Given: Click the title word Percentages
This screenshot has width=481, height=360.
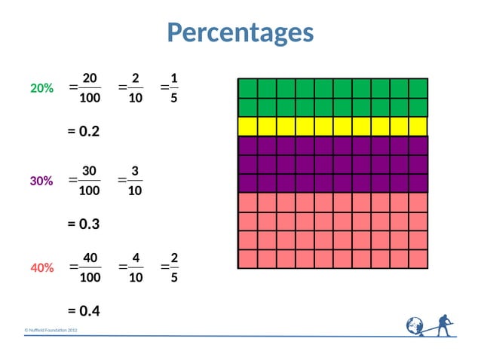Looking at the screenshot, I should pyautogui.click(x=240, y=32).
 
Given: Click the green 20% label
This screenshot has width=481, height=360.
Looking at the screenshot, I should pyautogui.click(x=41, y=89).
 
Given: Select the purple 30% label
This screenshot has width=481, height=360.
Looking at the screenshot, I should pyautogui.click(x=41, y=182).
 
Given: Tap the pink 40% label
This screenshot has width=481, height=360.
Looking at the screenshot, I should pyautogui.click(x=41, y=267).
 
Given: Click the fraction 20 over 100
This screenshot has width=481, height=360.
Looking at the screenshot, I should pyautogui.click(x=89, y=88).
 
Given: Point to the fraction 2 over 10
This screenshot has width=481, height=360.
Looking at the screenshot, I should pyautogui.click(x=135, y=88).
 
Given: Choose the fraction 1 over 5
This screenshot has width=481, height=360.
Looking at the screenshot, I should pyautogui.click(x=174, y=88).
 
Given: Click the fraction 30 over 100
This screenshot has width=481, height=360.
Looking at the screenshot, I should pyautogui.click(x=89, y=181).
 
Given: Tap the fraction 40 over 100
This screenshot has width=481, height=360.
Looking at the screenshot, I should pyautogui.click(x=89, y=267).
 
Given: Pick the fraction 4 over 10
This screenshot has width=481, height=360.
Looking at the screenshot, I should pyautogui.click(x=135, y=267).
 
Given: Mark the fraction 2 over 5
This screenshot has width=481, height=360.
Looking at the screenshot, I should pyautogui.click(x=174, y=267).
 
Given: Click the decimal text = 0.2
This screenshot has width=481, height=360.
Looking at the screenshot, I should pyautogui.click(x=84, y=132).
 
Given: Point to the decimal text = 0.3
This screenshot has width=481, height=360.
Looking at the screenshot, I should pyautogui.click(x=84, y=224).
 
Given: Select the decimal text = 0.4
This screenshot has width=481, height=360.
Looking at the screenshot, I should pyautogui.click(x=84, y=311).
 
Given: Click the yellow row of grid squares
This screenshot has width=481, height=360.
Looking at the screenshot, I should pyautogui.click(x=332, y=126).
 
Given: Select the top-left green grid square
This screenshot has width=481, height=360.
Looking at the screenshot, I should pyautogui.click(x=247, y=88).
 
